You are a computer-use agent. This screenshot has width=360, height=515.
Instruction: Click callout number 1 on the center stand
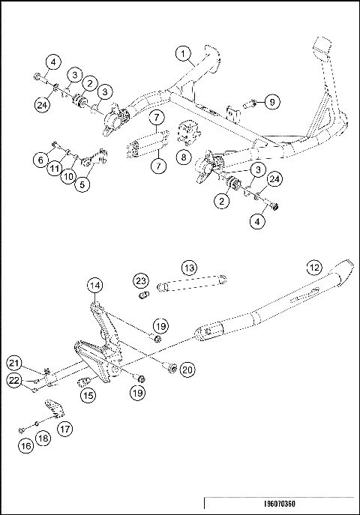pos(183,53)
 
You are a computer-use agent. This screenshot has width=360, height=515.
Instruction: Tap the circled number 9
pos(271,100)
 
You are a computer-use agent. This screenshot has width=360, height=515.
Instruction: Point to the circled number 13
pos(190,268)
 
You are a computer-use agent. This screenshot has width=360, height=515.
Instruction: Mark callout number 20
pos(187,368)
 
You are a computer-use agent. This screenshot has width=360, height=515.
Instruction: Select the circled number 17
pos(65,430)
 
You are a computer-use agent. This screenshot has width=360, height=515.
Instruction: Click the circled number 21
pos(14,363)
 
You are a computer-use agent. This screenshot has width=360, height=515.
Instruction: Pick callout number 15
pos(88,395)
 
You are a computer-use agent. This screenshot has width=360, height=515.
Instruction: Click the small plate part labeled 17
pos(52,409)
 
